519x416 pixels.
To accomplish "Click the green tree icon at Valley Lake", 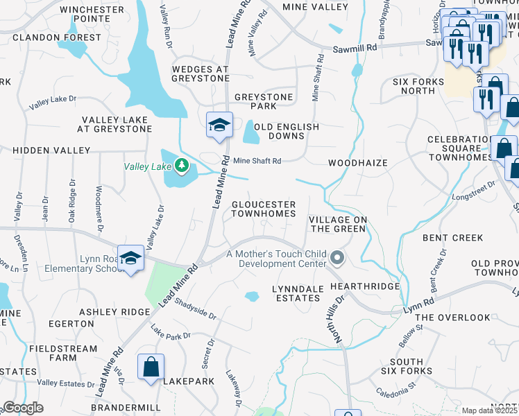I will [x=181, y=165].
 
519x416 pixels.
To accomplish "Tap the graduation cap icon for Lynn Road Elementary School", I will [x=130, y=258].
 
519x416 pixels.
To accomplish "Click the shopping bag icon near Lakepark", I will [x=151, y=367].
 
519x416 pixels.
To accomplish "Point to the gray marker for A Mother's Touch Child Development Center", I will [x=337, y=259].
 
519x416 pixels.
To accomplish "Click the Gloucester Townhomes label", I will [x=263, y=209].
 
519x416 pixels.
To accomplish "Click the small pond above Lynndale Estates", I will [x=252, y=297].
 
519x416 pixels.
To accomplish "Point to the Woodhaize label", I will [x=357, y=163].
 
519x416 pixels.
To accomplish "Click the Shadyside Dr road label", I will [x=195, y=309].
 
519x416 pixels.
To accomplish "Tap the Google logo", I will [x=22, y=408].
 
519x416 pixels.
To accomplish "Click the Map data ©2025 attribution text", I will [x=490, y=410].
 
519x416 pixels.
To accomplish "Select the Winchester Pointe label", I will [x=92, y=15].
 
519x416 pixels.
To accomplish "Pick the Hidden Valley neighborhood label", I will [x=51, y=150].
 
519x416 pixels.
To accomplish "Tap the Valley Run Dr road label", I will [x=166, y=26].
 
